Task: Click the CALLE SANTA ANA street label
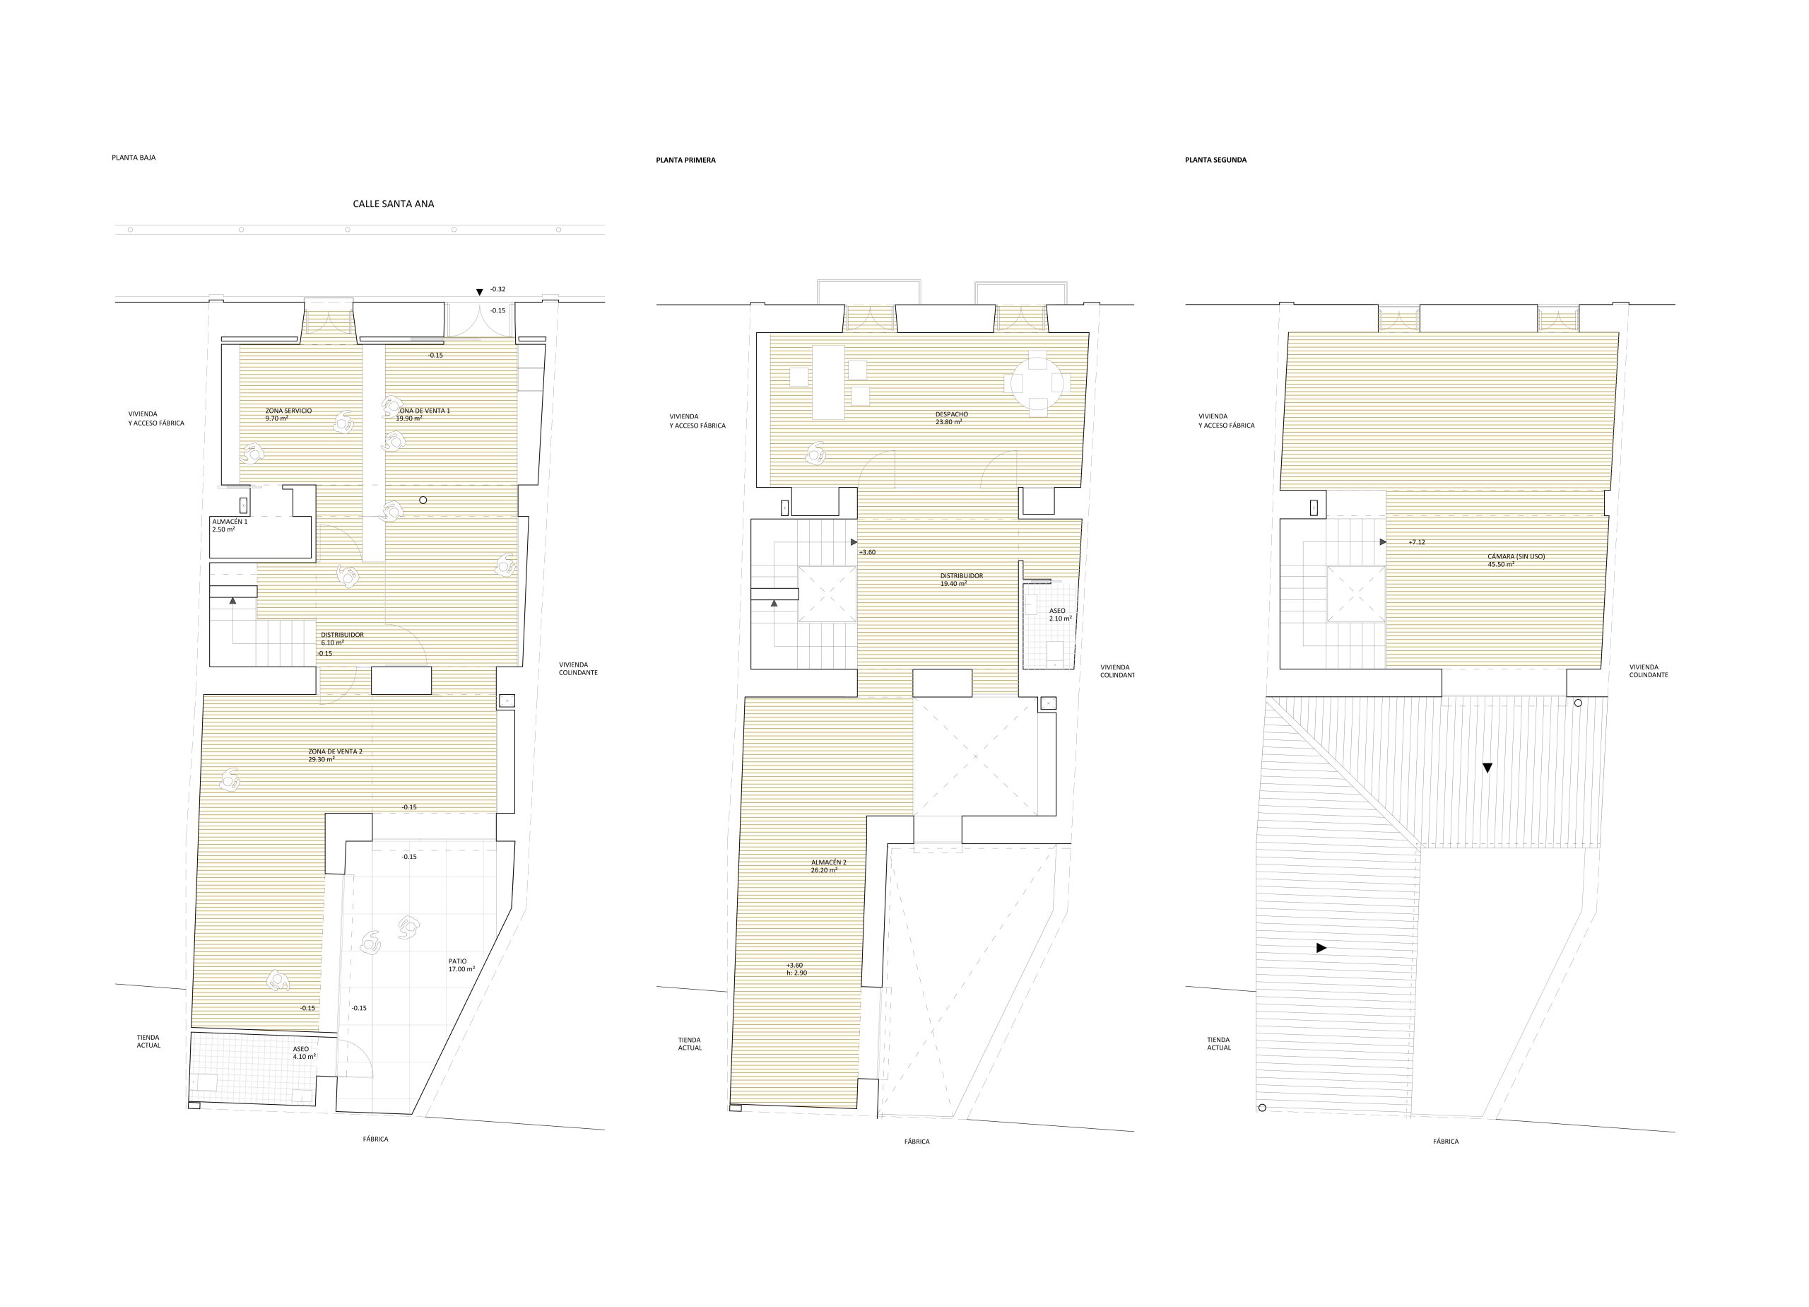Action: click(393, 204)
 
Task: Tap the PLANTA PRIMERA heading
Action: click(686, 160)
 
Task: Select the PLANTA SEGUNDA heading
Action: click(1215, 160)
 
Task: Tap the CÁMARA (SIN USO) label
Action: click(1516, 556)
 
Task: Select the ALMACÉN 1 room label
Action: click(230, 522)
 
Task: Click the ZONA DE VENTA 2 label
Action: click(336, 751)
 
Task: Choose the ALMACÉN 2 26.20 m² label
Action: click(829, 867)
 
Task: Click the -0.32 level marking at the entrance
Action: click(497, 290)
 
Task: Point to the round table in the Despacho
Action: click(1035, 384)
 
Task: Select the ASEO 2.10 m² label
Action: click(1060, 614)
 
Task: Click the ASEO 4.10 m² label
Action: click(304, 1053)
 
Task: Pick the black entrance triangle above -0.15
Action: click(479, 293)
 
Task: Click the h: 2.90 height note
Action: click(797, 973)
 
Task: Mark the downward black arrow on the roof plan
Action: click(1487, 768)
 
